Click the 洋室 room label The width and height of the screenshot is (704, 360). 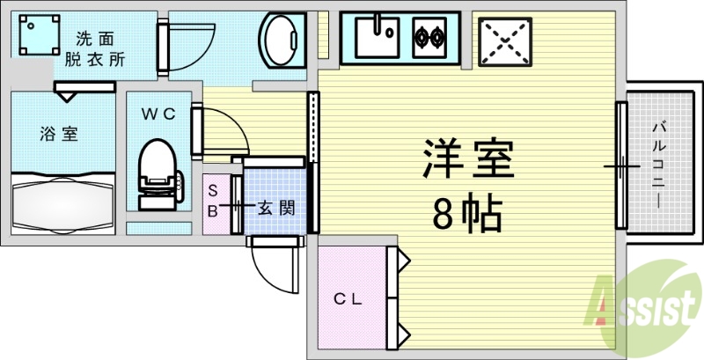point(468,158)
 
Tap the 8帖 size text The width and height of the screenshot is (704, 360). point(467,212)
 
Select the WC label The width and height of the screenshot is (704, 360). point(158,114)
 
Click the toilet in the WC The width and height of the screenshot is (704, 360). point(158,174)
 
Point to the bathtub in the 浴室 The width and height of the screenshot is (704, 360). point(62,203)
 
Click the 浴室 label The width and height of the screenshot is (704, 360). point(59,134)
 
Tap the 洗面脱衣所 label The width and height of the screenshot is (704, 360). point(95,49)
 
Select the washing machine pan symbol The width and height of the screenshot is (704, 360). point(40,34)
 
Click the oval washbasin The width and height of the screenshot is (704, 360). point(282,40)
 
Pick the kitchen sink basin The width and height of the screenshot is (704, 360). point(378,38)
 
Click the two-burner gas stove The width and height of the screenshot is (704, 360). point(429,38)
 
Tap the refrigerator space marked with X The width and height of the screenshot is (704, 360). point(505,41)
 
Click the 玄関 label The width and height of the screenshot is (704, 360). point(276,208)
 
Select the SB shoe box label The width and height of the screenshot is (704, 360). point(213,202)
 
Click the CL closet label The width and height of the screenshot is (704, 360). point(348,300)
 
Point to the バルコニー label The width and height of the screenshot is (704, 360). point(658,166)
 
